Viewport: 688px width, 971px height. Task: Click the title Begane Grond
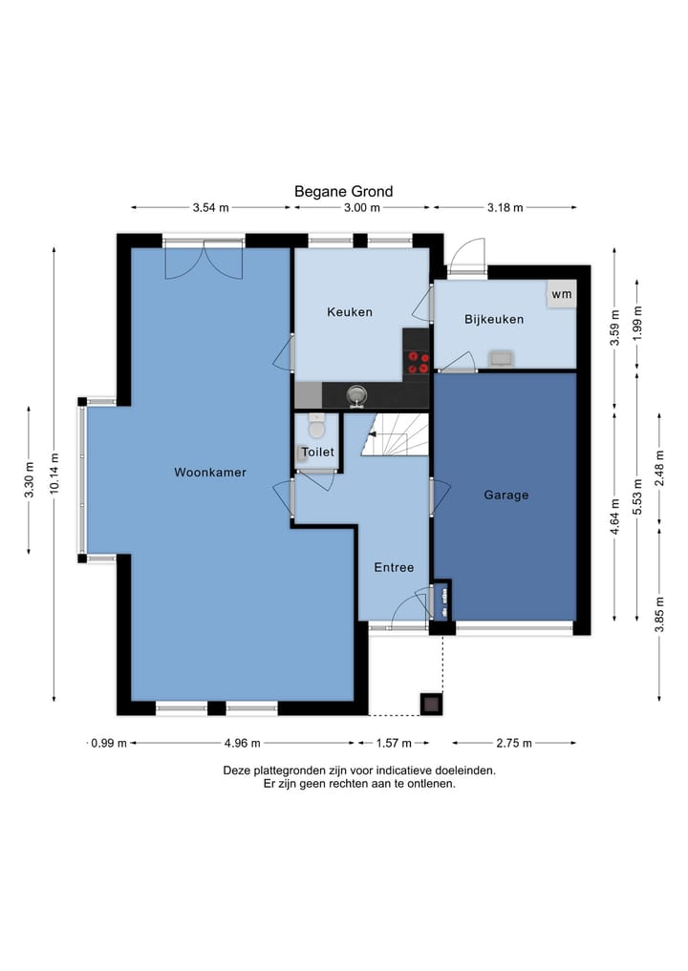[x=343, y=191]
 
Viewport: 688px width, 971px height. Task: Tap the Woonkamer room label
[x=210, y=472]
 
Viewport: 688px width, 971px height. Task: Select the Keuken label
[x=350, y=312]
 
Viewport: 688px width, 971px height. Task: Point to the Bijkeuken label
[x=494, y=319]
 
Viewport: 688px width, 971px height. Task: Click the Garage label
[x=506, y=495]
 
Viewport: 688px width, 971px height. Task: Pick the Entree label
[x=394, y=567]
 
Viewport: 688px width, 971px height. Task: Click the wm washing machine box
[x=562, y=294]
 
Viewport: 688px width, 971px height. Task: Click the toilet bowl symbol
[x=316, y=427]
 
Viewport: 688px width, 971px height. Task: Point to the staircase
[x=396, y=434]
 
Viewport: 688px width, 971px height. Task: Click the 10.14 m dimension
[x=54, y=475]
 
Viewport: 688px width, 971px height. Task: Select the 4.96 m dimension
[x=243, y=743]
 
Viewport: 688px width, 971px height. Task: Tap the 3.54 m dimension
[x=211, y=207]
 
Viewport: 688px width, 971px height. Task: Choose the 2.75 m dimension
[x=514, y=743]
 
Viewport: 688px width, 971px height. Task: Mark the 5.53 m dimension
[x=637, y=496]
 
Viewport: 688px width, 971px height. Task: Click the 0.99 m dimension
[x=109, y=743]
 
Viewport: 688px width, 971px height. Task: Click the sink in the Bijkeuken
[x=500, y=359]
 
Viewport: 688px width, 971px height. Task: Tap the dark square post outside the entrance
[x=431, y=703]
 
